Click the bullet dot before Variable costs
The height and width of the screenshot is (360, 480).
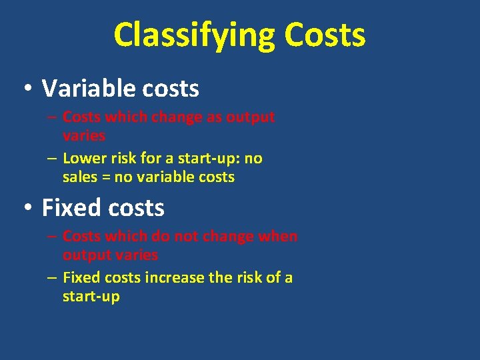[27, 89]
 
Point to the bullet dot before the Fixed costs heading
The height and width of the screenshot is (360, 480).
[27, 208]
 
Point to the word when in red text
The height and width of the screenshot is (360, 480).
[278, 237]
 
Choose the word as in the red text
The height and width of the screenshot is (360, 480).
[213, 117]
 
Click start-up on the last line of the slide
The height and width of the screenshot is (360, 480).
[91, 297]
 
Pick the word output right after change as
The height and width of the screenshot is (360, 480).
[250, 117]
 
